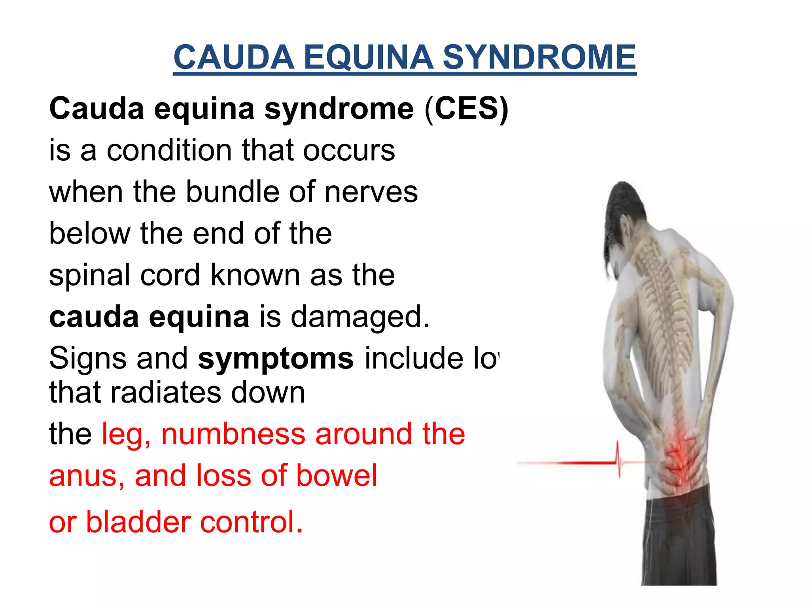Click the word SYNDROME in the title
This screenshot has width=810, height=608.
(x=539, y=57)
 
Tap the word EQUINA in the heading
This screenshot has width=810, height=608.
(x=368, y=57)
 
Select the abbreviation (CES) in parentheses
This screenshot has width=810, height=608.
(x=466, y=109)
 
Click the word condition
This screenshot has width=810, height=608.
(x=169, y=150)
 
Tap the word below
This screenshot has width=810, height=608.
(x=89, y=234)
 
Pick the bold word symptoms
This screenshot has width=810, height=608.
(x=276, y=359)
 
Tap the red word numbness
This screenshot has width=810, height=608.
(x=233, y=434)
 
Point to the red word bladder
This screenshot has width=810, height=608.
(x=138, y=522)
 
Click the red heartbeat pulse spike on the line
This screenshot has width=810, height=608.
(x=618, y=459)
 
